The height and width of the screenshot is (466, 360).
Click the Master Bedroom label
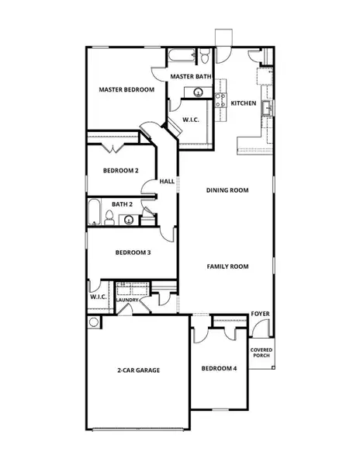(x=126, y=90)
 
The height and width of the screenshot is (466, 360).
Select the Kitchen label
(x=244, y=103)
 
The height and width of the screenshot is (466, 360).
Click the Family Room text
(x=227, y=266)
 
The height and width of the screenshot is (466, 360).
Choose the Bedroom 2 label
(x=120, y=170)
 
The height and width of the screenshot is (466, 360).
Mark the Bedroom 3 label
(x=133, y=252)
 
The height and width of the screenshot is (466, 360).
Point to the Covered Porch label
(x=261, y=353)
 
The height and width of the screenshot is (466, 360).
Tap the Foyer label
(x=259, y=315)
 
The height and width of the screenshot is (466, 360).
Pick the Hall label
(x=167, y=182)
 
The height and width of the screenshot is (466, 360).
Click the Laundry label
(x=127, y=300)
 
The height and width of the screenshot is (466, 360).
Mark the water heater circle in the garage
(x=94, y=322)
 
